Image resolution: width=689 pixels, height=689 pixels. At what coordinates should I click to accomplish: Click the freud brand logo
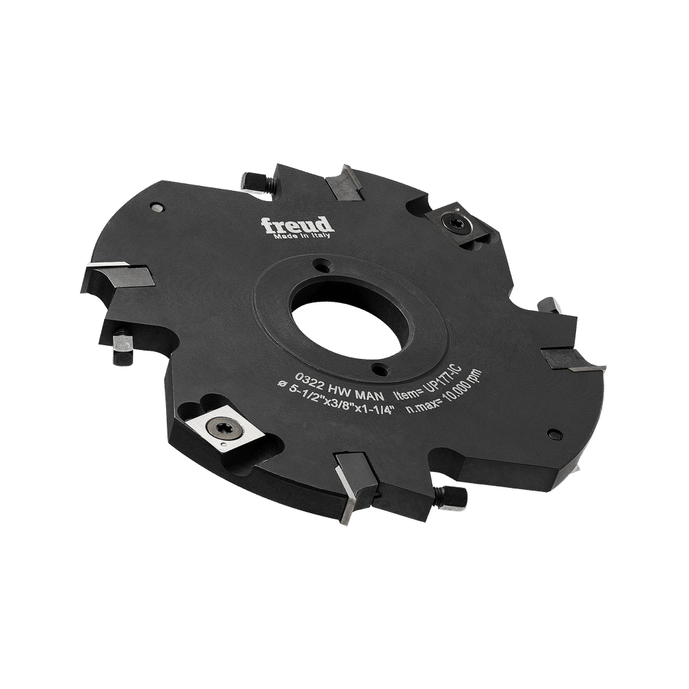[297, 225]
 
